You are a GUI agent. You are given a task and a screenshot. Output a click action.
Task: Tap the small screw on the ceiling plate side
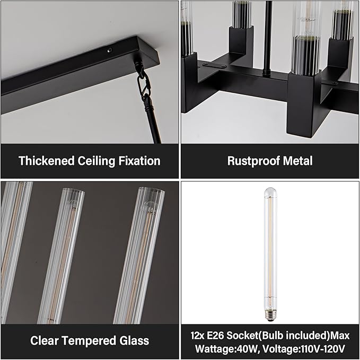(110, 50)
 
